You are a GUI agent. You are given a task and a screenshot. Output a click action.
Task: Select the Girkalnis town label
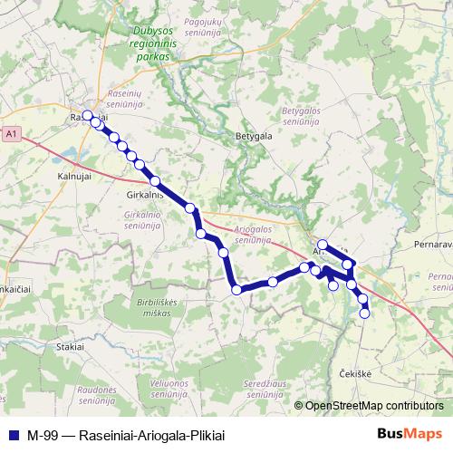(x=145, y=195)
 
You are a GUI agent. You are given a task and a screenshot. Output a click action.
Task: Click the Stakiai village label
(x=70, y=346)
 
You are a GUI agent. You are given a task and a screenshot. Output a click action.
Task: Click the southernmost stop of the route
(x=365, y=313)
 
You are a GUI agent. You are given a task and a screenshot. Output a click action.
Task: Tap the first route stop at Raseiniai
(x=88, y=115)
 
